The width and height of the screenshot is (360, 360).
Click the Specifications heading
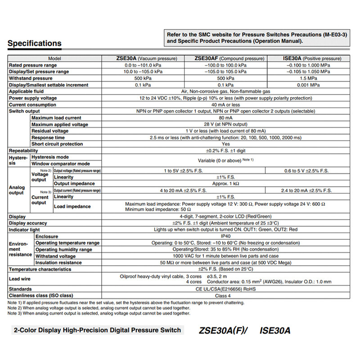[35, 44]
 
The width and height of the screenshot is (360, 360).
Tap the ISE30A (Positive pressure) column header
[309, 58]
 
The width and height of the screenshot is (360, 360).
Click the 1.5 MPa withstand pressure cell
[309, 78]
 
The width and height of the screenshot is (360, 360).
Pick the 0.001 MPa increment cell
[309, 85]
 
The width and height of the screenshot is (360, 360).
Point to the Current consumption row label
[32, 105]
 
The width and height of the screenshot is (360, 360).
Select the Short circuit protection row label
[57, 144]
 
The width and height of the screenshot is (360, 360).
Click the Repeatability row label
[23, 151]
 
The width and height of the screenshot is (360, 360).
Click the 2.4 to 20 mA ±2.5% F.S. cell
[309, 190]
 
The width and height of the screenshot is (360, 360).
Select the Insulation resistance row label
[58, 263]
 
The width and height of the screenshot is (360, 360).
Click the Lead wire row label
[20, 279]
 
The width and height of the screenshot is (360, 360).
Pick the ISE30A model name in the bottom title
[275, 331]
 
